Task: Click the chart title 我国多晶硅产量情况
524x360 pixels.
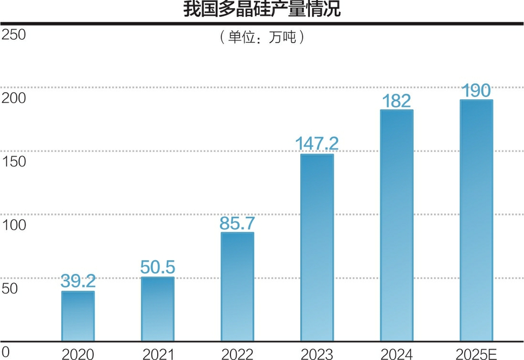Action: tap(261, 10)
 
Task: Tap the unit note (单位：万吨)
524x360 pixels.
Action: tap(261, 38)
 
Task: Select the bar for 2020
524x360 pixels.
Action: tap(78, 316)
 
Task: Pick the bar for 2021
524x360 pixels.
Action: tap(157, 309)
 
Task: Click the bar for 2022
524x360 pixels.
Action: tap(237, 287)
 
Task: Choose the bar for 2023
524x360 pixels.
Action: tap(317, 248)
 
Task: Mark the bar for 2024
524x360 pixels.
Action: tap(396, 226)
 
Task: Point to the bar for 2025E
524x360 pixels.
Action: tap(476, 221)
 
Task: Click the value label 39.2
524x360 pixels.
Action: tap(78, 281)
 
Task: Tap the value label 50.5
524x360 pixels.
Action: tap(157, 267)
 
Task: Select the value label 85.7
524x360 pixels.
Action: tap(237, 223)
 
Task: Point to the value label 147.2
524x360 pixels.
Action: tap(317, 144)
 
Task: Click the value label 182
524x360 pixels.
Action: tap(396, 100)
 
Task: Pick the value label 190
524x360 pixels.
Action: tap(476, 90)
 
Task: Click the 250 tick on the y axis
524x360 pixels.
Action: tap(14, 35)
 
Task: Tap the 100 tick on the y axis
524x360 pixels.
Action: tap(14, 224)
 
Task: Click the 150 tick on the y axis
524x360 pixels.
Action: tap(14, 161)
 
